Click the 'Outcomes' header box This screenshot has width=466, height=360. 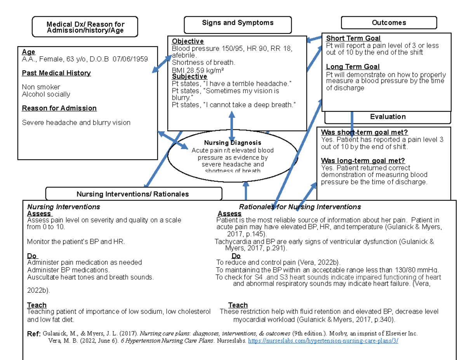tap(389, 23)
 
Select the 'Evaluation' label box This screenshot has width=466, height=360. tap(388, 117)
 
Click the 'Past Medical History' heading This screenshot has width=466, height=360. tap(56, 73)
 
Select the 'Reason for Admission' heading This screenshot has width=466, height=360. tap(59, 108)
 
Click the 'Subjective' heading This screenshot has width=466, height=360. tap(190, 77)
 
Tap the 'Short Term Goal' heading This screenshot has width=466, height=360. tap(353, 38)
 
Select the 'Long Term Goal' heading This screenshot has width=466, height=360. tap(353, 67)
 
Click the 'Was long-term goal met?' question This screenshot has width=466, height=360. tap(363, 161)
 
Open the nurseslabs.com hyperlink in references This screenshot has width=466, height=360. tap(323, 341)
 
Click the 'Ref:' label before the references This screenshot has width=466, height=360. tap(33, 333)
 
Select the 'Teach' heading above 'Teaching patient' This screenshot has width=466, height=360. tap(37, 305)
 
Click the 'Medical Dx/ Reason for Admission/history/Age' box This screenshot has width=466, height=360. tap(85, 27)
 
